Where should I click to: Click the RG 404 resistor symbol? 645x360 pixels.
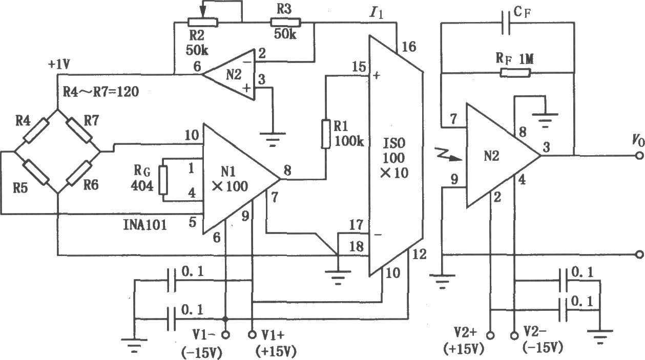click(163, 180)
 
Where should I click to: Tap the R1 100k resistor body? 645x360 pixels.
click(326, 134)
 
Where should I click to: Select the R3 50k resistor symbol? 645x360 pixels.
click(285, 23)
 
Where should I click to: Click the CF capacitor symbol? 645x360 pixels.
click(506, 23)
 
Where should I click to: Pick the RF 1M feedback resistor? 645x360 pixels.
click(515, 73)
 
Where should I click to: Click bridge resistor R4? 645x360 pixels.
click(36, 131)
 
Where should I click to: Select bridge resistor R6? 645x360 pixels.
click(79, 173)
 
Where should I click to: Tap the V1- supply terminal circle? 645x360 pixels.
click(226, 335)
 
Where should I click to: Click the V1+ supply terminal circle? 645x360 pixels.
click(252, 335)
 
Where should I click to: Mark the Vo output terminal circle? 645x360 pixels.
click(640, 156)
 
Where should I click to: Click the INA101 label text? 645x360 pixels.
click(145, 225)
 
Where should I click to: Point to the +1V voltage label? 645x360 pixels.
click(59, 65)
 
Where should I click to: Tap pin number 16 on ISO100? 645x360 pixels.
click(409, 47)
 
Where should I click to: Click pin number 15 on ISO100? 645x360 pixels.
click(359, 67)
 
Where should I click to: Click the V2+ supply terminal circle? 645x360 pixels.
click(490, 335)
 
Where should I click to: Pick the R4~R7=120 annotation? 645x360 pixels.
click(101, 92)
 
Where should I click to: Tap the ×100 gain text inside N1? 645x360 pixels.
click(230, 186)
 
